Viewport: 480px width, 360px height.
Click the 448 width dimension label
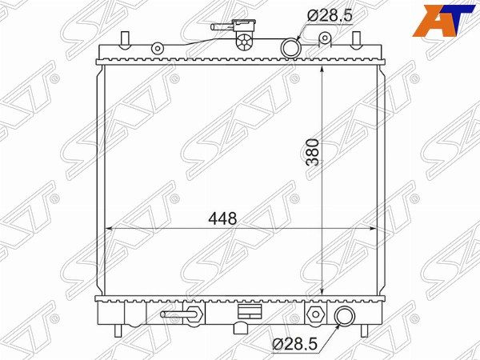tap(222, 218)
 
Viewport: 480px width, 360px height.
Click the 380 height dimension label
tap(313, 153)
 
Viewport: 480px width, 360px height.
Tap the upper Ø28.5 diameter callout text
tap(330, 15)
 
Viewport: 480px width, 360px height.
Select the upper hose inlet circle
tap(291, 48)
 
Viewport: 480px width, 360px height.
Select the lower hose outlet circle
tap(345, 316)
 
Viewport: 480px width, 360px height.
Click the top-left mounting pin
tap(125, 40)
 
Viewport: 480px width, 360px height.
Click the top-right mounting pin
tap(356, 40)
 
